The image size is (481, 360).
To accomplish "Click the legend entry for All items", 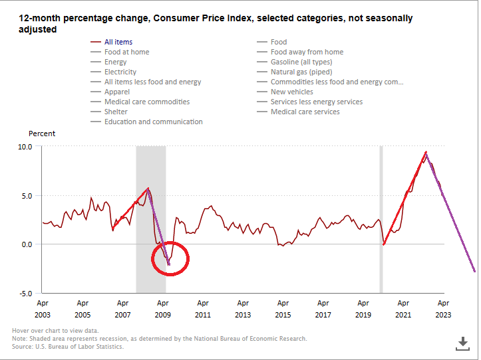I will (118, 42).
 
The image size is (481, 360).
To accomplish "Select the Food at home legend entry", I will (126, 52).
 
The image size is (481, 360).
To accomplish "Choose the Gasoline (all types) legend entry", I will (301, 62).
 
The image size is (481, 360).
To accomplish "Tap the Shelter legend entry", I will (117, 112).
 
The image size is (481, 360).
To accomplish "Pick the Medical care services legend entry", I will (305, 112).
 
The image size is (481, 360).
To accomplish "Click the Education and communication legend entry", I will (153, 122).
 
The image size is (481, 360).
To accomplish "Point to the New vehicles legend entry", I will (291, 92).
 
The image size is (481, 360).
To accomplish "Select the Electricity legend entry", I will (120, 72).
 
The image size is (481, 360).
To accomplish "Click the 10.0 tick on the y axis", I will (25, 147).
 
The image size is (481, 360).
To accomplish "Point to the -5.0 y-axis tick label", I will (25, 293).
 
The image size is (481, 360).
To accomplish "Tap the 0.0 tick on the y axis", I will (26, 244).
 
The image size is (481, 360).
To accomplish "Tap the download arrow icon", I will (463, 343).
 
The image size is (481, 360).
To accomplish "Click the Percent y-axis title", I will (42, 134).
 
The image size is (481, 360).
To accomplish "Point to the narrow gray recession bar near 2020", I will (381, 219).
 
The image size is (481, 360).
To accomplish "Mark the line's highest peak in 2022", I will (426, 152).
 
